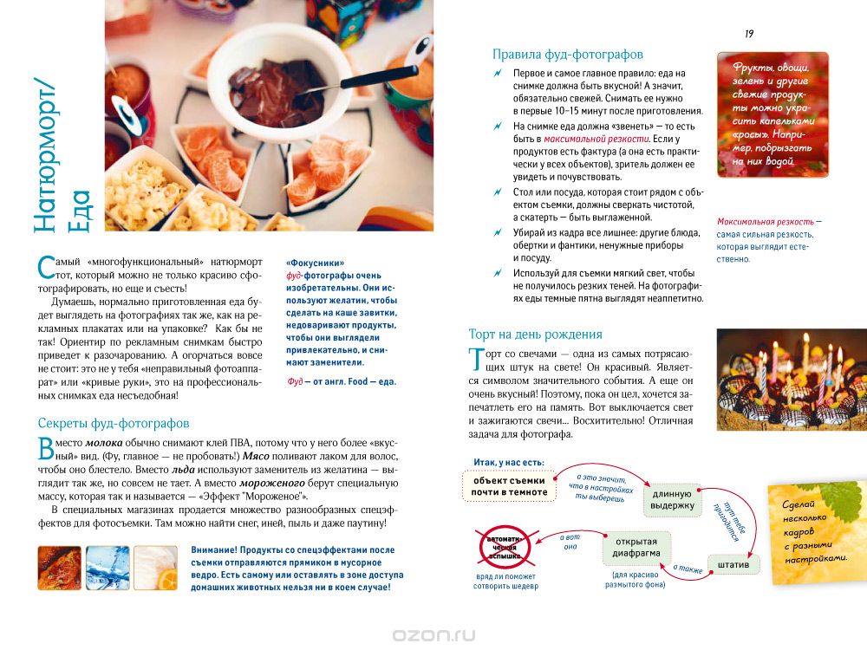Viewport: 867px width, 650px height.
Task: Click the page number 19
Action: point(749,34)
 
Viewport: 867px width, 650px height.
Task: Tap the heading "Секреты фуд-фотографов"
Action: point(114,423)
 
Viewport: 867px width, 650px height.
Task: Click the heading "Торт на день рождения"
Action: point(535,334)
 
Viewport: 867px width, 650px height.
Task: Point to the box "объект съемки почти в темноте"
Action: point(510,486)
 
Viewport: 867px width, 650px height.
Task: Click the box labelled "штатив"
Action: point(733,563)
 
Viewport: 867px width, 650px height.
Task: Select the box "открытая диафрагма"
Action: point(636,548)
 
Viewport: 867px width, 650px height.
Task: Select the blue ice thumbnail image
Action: point(108,567)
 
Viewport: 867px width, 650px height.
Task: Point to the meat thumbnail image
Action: point(60,567)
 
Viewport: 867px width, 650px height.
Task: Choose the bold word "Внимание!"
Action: point(217,549)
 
